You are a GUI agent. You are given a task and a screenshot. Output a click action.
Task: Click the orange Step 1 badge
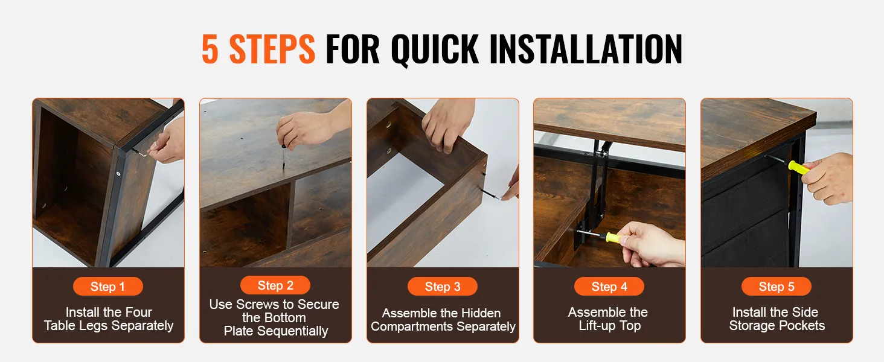click(107, 287)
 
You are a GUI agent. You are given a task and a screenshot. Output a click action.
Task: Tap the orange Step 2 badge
click(275, 285)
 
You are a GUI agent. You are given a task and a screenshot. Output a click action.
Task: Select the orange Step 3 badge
click(443, 287)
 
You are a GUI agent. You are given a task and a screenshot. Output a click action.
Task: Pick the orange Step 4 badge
click(609, 287)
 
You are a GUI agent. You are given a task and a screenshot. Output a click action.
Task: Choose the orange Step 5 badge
click(777, 287)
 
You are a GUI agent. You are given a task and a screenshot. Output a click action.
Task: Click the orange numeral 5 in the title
click(210, 49)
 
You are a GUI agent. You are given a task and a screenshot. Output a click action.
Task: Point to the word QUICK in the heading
click(435, 49)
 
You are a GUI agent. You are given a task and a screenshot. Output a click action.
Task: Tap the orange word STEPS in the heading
click(272, 49)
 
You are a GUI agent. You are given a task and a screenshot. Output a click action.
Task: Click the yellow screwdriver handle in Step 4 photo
click(613, 237)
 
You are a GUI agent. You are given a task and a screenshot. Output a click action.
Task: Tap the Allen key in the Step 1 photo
click(140, 151)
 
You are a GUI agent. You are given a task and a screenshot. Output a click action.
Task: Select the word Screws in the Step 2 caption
click(258, 304)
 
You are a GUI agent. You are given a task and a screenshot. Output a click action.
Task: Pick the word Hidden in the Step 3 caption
click(481, 313)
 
